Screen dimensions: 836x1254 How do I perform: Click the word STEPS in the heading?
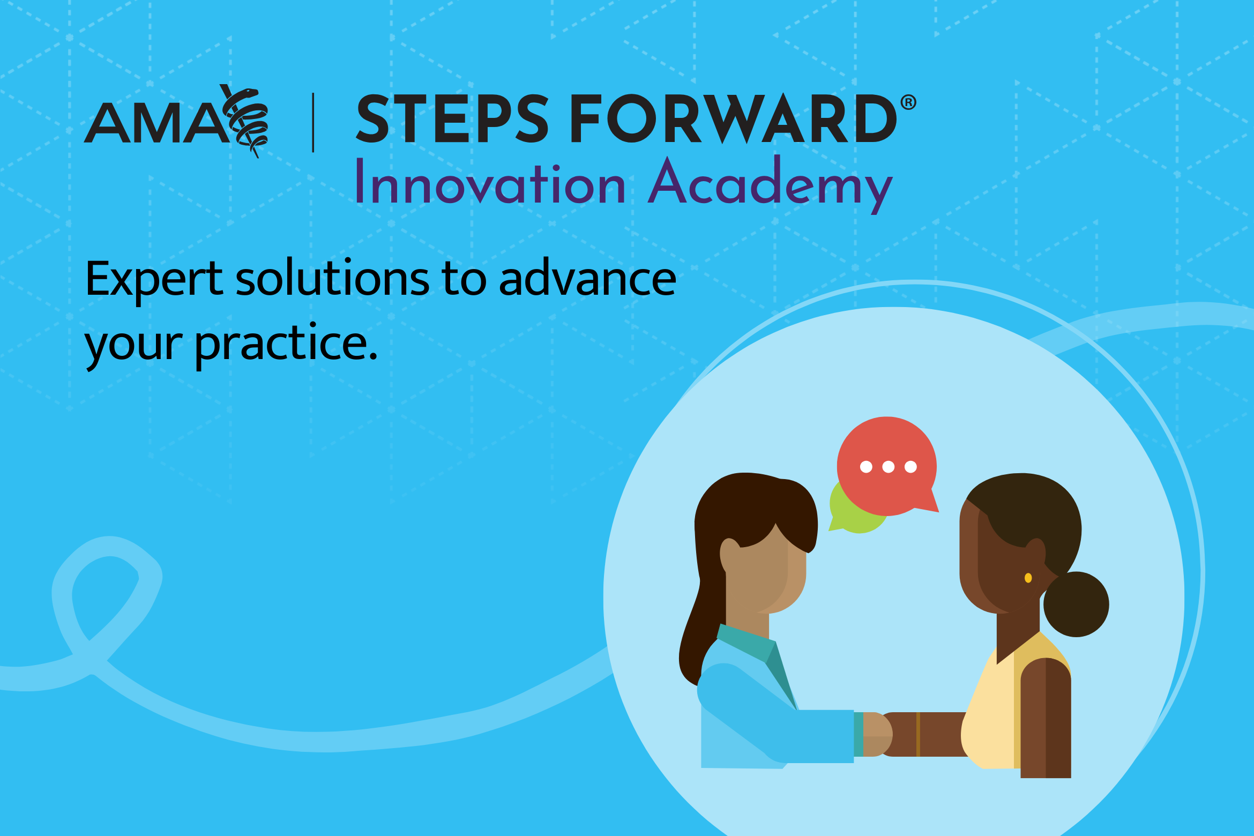pos(452,119)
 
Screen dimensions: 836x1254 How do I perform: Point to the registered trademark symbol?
pos(908,102)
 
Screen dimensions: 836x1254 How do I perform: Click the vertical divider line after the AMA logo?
pos(313,123)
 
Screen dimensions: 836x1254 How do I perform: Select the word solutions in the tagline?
pos(332,279)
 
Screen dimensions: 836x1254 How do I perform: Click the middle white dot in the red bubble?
pos(888,467)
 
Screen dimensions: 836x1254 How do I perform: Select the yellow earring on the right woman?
pos(1028,578)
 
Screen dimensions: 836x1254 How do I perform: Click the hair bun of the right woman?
pos(1076,604)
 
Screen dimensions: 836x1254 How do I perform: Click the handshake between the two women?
pos(879,734)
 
